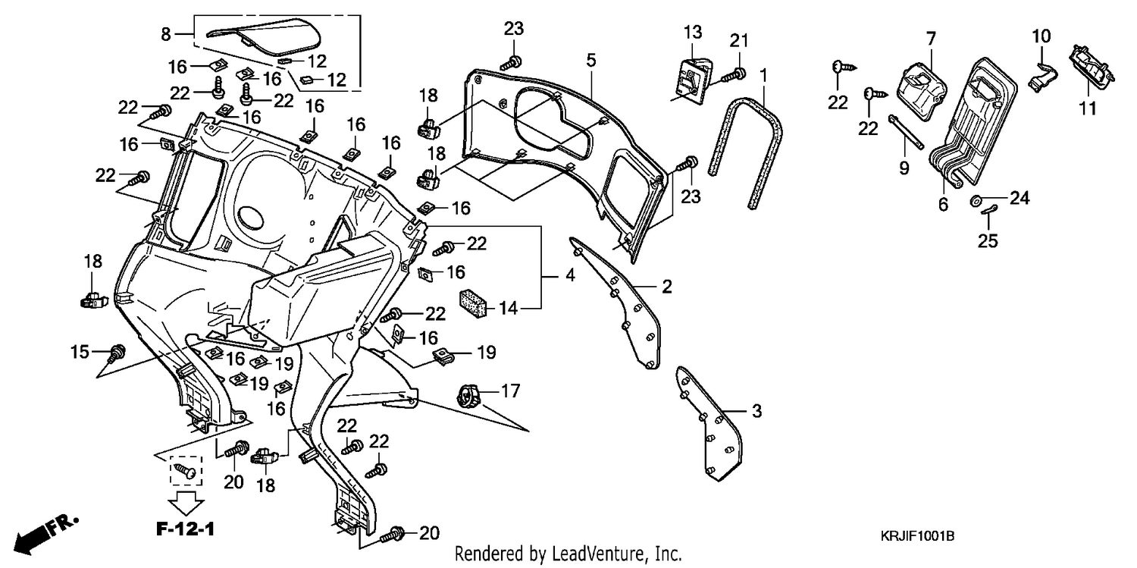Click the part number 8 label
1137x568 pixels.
pyautogui.click(x=166, y=35)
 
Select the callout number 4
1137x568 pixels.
pyautogui.click(x=571, y=275)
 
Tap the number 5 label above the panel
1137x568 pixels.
pyautogui.click(x=590, y=61)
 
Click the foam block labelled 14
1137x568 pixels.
pyautogui.click(x=473, y=304)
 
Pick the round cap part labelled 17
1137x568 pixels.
pyautogui.click(x=468, y=395)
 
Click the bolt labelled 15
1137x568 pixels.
pyautogui.click(x=117, y=353)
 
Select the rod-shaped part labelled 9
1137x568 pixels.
pyautogui.click(x=906, y=133)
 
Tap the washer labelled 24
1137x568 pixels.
pyautogui.click(x=975, y=200)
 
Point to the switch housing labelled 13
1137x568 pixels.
pyautogui.click(x=692, y=79)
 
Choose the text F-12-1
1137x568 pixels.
pyautogui.click(x=185, y=529)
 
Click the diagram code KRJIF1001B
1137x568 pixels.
pyautogui.click(x=917, y=536)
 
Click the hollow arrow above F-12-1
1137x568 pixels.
pyautogui.click(x=186, y=503)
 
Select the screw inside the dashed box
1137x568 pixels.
pyautogui.click(x=185, y=470)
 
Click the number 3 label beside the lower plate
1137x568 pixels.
pyautogui.click(x=756, y=411)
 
